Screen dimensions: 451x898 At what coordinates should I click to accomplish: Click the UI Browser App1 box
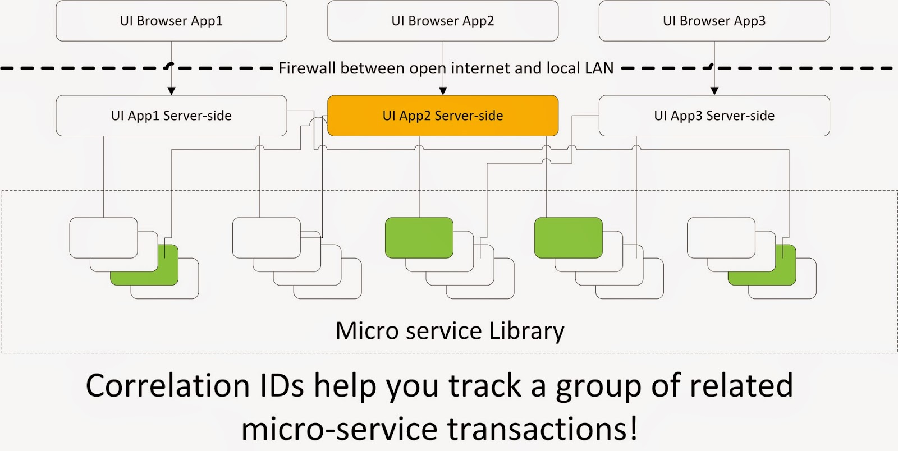171,21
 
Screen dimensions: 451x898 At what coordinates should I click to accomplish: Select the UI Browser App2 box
443,21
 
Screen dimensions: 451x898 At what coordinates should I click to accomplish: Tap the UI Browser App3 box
714,21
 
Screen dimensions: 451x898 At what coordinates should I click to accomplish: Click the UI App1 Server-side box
171,116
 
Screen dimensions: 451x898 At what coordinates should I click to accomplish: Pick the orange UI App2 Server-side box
443,116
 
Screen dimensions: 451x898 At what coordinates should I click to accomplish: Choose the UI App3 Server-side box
714,116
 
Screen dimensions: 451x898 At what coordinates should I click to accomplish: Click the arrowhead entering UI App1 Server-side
172,91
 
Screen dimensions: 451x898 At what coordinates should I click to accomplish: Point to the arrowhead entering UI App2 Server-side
443,91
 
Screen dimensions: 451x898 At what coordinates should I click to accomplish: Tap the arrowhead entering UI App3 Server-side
714,91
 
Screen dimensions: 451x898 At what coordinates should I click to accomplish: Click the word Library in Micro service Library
526,331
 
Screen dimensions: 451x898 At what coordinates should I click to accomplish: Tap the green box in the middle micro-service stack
419,238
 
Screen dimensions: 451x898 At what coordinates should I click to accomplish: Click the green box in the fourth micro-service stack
568,238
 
